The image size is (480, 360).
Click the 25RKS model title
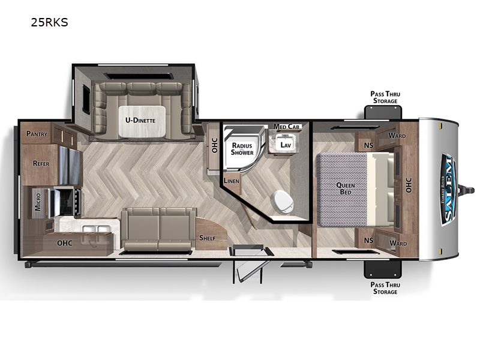tap(49, 22)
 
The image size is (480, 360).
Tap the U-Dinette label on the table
tap(140, 121)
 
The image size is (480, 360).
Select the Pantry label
tap(37, 134)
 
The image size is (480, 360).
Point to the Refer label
tap(41, 163)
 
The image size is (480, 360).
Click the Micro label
tap(38, 202)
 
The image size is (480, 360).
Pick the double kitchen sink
tap(95, 229)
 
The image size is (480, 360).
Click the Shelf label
tap(207, 238)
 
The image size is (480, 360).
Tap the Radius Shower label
tap(242, 149)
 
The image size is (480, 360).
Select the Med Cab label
tap(287, 126)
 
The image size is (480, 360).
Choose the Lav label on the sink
tap(286, 145)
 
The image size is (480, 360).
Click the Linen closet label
tap(232, 181)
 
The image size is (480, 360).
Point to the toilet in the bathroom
tap(283, 202)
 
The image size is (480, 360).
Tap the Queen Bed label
tap(346, 188)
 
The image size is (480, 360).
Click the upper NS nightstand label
tap(368, 145)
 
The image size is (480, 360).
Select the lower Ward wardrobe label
tap(398, 244)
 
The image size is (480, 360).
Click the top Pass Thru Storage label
tap(385, 97)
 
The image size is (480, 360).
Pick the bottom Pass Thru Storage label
tap(385, 288)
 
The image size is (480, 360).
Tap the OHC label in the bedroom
tap(409, 185)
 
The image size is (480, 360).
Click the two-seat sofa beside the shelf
tap(158, 229)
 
